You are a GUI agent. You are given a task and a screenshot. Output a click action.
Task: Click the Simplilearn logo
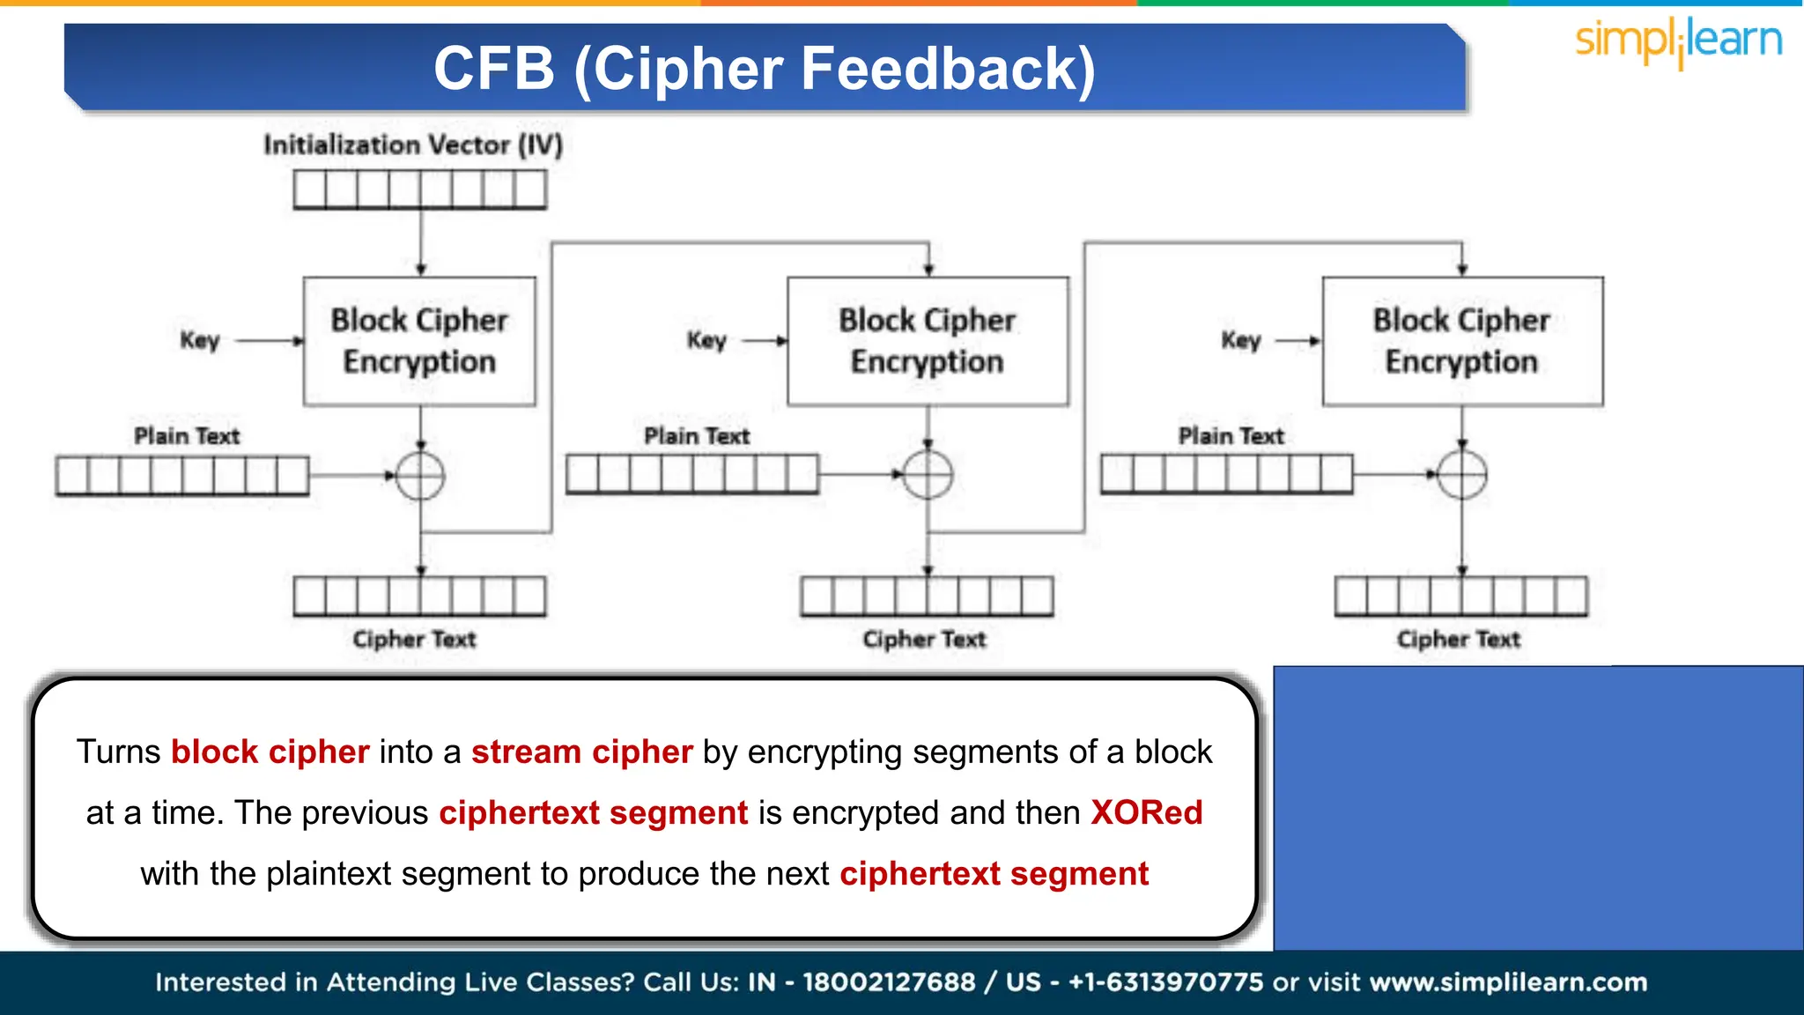1678,42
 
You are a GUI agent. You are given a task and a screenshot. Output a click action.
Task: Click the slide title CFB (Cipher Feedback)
765,69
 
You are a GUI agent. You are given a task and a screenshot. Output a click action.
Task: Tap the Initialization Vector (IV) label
413,144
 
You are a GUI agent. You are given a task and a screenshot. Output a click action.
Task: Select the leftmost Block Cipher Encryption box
419,341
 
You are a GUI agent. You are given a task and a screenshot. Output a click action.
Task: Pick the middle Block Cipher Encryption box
928,341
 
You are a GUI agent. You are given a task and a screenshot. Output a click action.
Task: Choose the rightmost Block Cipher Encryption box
1462,341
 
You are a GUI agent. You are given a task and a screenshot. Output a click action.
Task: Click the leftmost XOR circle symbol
420,476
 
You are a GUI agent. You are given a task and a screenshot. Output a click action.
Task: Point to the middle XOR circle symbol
928,475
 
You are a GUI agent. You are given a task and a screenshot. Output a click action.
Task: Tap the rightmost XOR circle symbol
1462,475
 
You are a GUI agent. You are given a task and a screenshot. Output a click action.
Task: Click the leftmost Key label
200,340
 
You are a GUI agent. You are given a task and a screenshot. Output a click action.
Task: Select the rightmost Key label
1241,340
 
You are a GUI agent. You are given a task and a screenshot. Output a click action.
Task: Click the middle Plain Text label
697,436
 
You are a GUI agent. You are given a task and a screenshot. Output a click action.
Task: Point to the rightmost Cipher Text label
1459,639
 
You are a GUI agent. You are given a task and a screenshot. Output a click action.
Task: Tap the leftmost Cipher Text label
414,639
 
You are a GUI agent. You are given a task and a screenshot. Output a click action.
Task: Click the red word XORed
1146,812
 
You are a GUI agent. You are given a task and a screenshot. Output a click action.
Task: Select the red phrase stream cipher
581,752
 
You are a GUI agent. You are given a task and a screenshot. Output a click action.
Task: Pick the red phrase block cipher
270,752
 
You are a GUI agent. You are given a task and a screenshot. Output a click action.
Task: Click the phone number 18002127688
889,982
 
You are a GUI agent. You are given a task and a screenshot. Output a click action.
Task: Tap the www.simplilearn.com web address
1508,982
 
